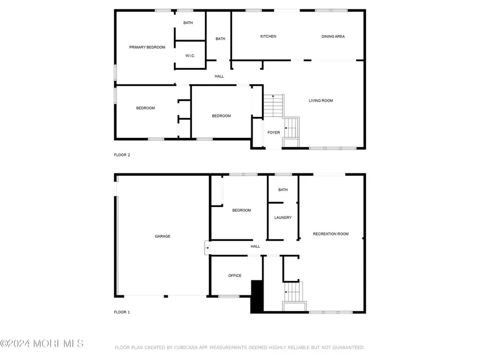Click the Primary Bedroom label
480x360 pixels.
[x=147, y=47]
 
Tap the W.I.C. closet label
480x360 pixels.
[x=190, y=56]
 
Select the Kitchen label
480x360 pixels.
[x=268, y=37]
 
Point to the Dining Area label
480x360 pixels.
[x=333, y=37]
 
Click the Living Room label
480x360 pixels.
[x=321, y=101]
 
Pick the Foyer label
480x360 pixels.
[x=273, y=133]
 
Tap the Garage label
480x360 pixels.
[x=162, y=236]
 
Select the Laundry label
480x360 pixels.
[x=283, y=218]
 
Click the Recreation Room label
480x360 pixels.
[x=330, y=234]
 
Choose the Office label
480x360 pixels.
[x=234, y=276]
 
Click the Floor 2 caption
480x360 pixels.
[x=122, y=155]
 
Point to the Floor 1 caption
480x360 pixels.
[x=122, y=312]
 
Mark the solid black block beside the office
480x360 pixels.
[x=257, y=297]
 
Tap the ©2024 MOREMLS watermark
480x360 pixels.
[x=42, y=344]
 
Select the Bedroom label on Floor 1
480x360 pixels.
[x=241, y=211]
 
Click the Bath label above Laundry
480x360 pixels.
[x=283, y=190]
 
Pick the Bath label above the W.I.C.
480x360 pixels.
[x=188, y=23]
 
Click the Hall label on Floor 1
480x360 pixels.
[x=255, y=247]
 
